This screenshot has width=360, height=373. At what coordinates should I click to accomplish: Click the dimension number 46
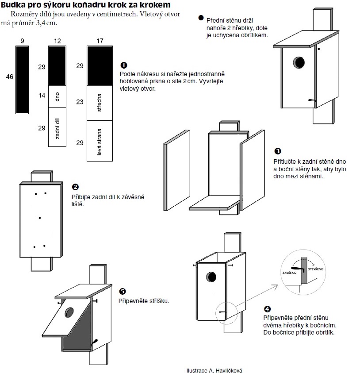[x=9, y=77]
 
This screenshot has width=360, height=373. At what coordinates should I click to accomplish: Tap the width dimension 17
[x=100, y=41]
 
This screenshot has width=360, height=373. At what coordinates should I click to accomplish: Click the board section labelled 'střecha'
[x=100, y=103]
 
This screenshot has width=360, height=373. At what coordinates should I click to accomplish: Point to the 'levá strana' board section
[x=100, y=141]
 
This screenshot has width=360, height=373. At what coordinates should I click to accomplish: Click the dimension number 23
[x=80, y=102]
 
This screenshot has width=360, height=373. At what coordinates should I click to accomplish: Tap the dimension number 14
[x=42, y=96]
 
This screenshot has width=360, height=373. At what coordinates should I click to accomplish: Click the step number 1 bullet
[x=124, y=65]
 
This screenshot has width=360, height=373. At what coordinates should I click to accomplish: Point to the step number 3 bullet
[x=277, y=151]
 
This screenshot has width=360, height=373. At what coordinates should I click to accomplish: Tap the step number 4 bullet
[x=267, y=309]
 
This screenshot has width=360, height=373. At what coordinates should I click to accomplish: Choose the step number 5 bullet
[x=123, y=291]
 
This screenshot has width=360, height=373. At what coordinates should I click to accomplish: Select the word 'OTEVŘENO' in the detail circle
[x=317, y=269]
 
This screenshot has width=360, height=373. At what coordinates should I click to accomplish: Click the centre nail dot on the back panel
[x=40, y=217]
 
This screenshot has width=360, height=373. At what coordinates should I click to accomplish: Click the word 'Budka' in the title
[x=14, y=5]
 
